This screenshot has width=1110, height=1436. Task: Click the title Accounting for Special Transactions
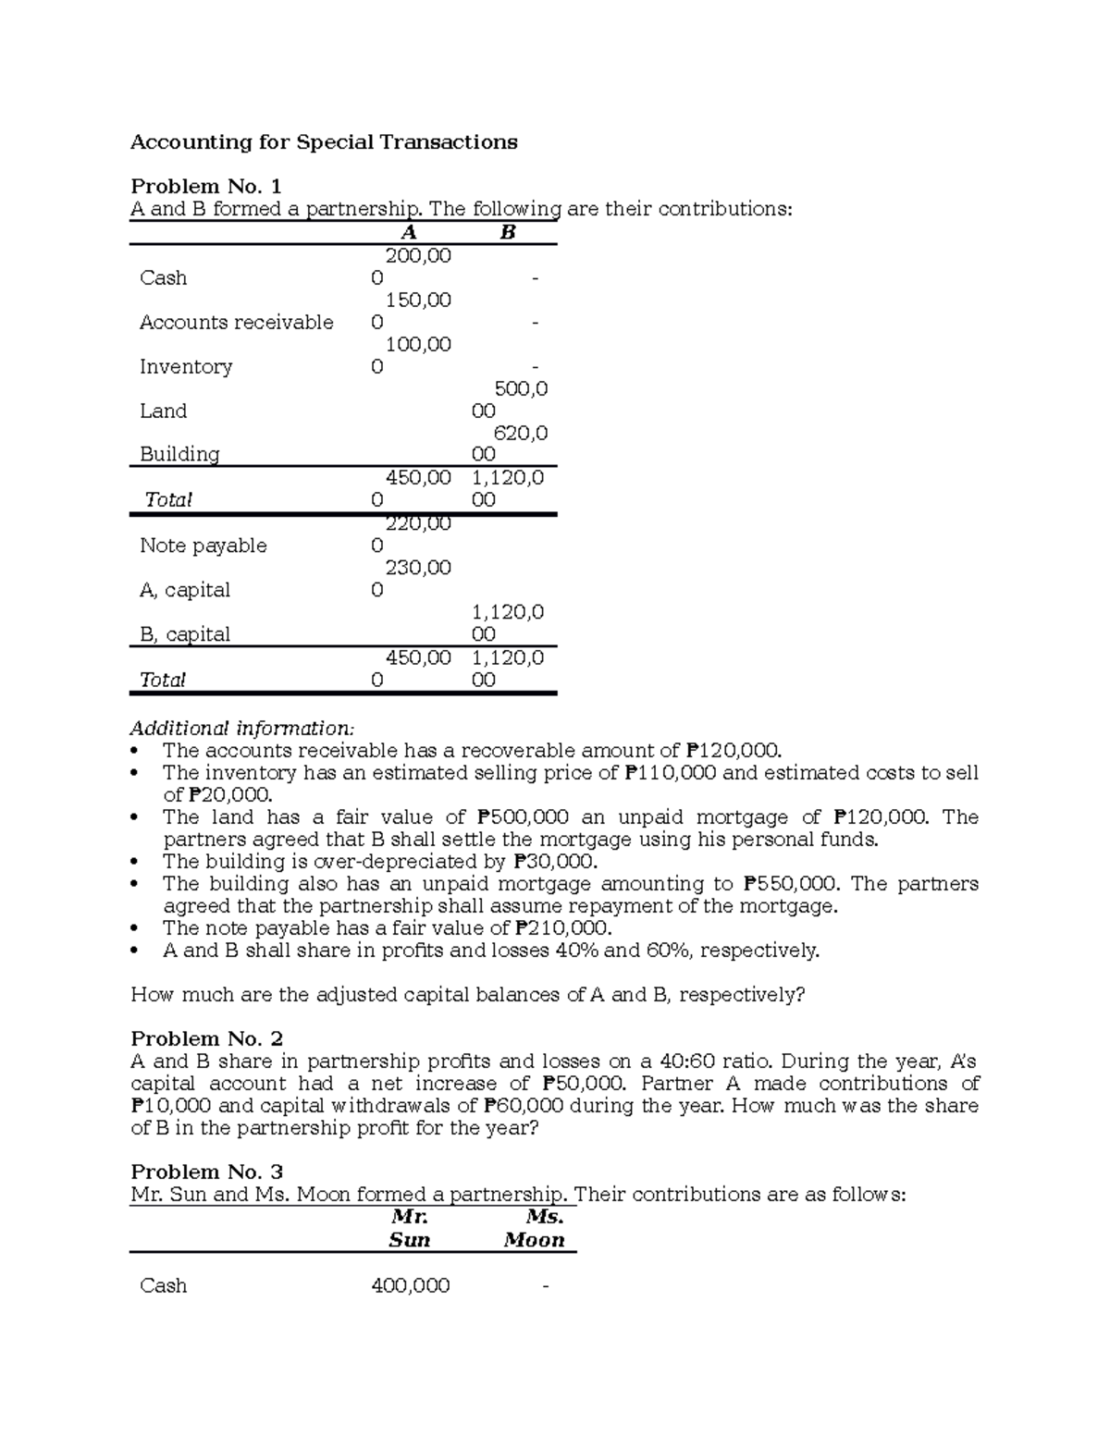[x=324, y=142]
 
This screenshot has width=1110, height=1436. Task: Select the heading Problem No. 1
[x=205, y=187]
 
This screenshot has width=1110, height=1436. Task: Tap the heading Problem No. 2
[x=206, y=1039]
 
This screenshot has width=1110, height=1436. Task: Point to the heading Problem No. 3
[x=206, y=1172]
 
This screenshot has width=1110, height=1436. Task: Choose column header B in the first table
[x=507, y=233]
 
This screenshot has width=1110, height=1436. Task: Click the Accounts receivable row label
[x=236, y=323]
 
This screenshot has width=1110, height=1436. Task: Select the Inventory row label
[x=185, y=367]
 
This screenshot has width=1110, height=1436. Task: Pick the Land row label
[x=163, y=411]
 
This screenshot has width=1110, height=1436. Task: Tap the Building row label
[x=179, y=455]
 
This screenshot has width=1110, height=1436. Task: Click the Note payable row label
[x=203, y=546]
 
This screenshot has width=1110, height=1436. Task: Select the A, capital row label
[x=184, y=591]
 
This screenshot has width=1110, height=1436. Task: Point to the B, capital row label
[x=184, y=635]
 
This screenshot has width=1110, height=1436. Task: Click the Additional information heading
[x=241, y=728]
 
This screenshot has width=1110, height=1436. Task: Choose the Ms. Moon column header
[x=535, y=1229]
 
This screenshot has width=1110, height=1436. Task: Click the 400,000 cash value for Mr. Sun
[x=410, y=1286]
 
